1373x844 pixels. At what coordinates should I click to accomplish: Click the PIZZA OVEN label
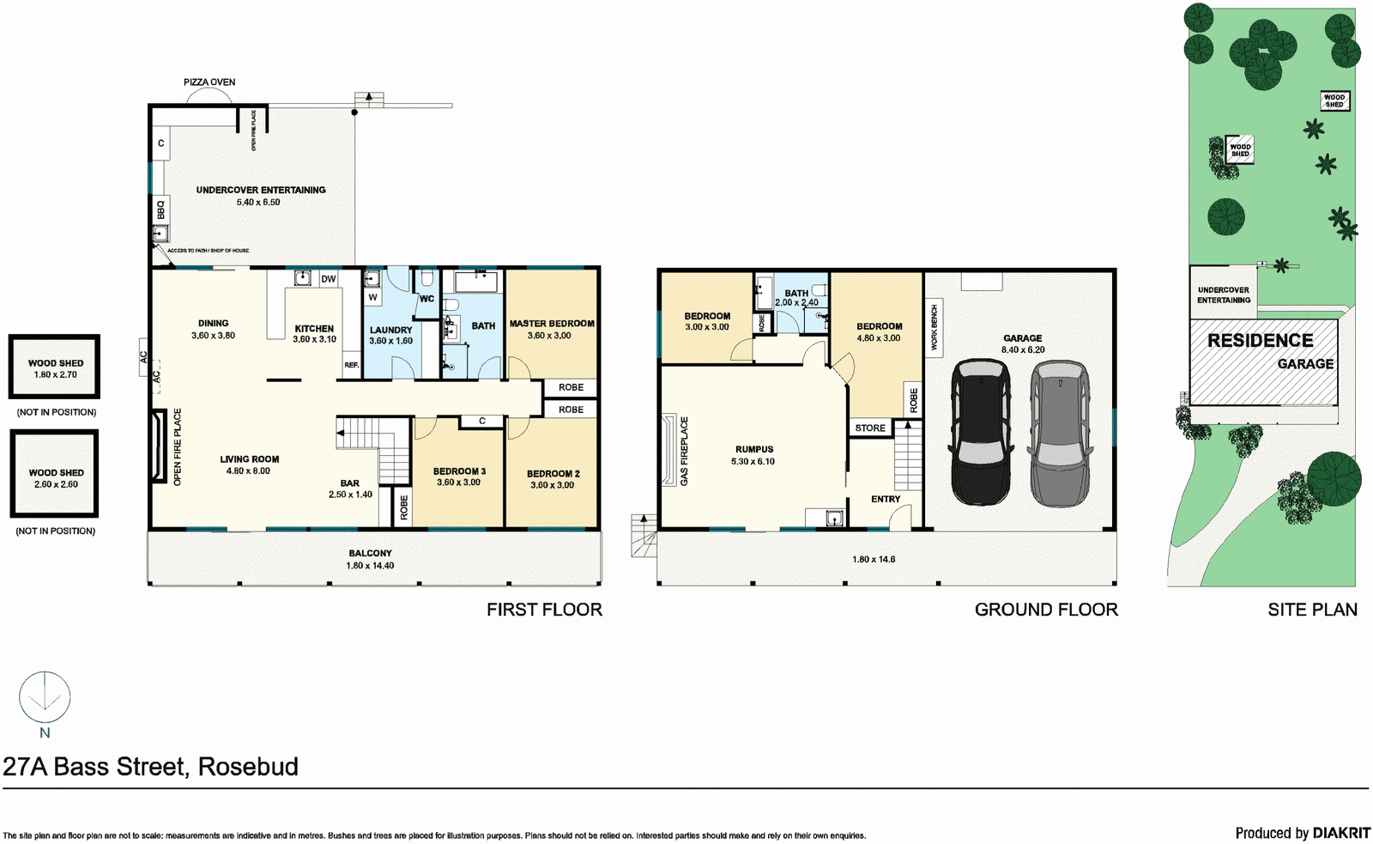[209, 82]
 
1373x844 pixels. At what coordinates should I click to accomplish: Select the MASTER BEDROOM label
[552, 324]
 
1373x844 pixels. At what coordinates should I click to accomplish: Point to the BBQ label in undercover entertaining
[160, 209]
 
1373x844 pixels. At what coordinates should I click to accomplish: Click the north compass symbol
[45, 697]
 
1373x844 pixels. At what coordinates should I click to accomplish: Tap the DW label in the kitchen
[328, 279]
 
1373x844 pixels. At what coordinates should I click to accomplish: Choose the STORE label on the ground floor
[870, 428]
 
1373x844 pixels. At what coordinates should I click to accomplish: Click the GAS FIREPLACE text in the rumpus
[684, 452]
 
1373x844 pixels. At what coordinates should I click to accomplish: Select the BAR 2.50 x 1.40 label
[350, 489]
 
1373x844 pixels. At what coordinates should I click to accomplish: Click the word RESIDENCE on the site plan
[1260, 340]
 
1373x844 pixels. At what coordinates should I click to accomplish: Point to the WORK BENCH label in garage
[934, 327]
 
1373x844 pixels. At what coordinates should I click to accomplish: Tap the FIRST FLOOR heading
[544, 610]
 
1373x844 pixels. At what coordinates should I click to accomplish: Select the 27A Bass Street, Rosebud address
[151, 767]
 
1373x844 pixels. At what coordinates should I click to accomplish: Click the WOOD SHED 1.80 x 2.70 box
[54, 367]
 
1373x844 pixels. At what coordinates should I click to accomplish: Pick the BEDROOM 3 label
[459, 471]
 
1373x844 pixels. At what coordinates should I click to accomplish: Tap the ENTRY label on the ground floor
[886, 499]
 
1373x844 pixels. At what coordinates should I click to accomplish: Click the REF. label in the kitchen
[351, 365]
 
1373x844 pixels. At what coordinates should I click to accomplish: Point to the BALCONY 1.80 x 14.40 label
[370, 559]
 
